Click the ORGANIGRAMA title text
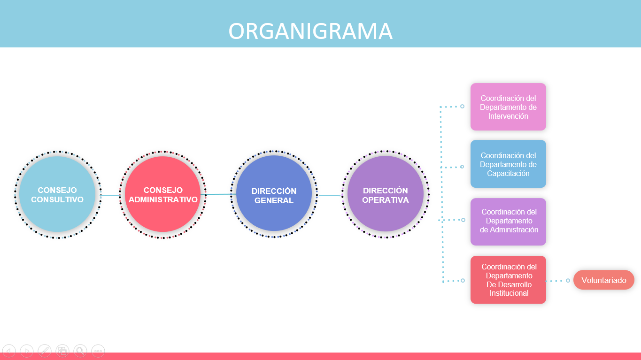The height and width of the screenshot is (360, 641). point(310,31)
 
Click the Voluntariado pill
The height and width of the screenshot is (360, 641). point(603,280)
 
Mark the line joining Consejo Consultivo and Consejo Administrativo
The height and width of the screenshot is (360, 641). point(111,195)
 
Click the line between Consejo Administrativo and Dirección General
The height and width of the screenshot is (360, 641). point(219,194)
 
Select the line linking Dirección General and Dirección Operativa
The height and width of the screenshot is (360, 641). point(329,195)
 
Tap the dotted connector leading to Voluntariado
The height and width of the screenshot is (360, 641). point(556,281)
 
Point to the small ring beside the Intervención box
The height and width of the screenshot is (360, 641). point(462,107)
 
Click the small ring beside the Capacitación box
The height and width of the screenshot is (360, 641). point(462,167)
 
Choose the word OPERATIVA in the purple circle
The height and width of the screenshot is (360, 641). point(385,200)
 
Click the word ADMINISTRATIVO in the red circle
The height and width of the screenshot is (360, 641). point(163,199)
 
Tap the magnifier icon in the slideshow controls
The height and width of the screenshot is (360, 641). point(80,351)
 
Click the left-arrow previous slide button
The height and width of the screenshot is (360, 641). point(9,351)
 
